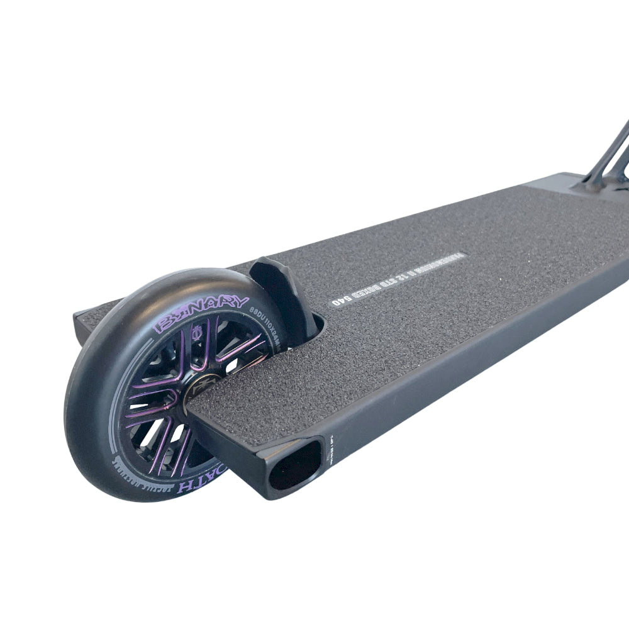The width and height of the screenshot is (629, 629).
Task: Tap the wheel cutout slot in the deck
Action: tap(311, 327)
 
